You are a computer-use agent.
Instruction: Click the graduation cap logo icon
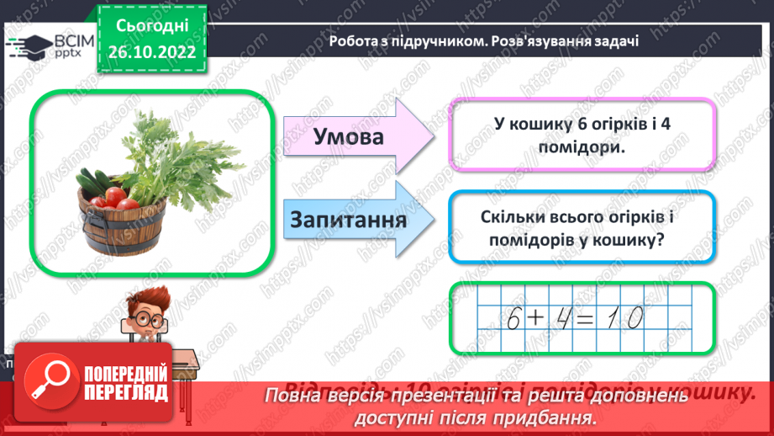tap(29, 44)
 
